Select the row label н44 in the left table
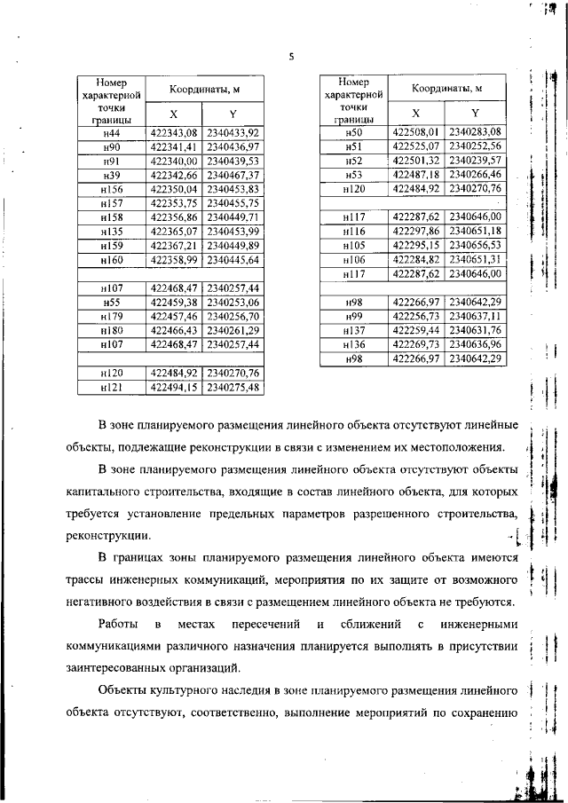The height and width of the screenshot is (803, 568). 112,133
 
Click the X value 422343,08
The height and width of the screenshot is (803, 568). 173,133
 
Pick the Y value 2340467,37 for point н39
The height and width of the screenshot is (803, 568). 233,176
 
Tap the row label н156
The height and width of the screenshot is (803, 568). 112,190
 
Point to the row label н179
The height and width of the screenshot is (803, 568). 112,316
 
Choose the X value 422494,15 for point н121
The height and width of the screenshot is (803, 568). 173,388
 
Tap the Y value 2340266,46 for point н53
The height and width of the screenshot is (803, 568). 476,175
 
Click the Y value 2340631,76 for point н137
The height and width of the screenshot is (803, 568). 476,330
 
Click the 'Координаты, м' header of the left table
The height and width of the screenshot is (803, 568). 202,90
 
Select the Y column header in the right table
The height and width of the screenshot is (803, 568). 476,113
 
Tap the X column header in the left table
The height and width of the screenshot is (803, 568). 173,114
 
